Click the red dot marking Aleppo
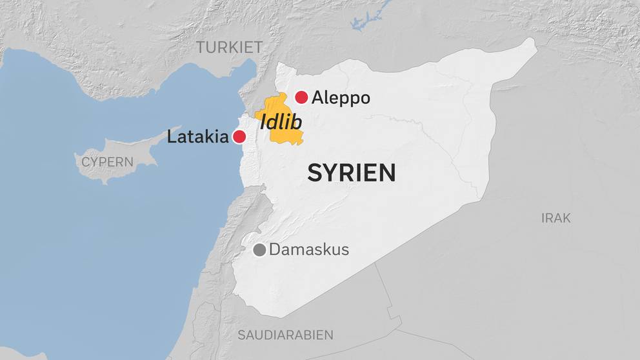[301, 97]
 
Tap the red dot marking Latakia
[239, 137]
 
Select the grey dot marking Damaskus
[259, 250]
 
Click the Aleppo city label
[341, 98]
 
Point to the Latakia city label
[197, 137]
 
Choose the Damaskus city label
[308, 250]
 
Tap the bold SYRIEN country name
[351, 173]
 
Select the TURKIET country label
[230, 47]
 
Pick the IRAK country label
[555, 218]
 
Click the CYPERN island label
[107, 162]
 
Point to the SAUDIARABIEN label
[285, 335]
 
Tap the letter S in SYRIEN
[314, 173]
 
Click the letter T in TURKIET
[201, 47]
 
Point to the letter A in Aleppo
[317, 98]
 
